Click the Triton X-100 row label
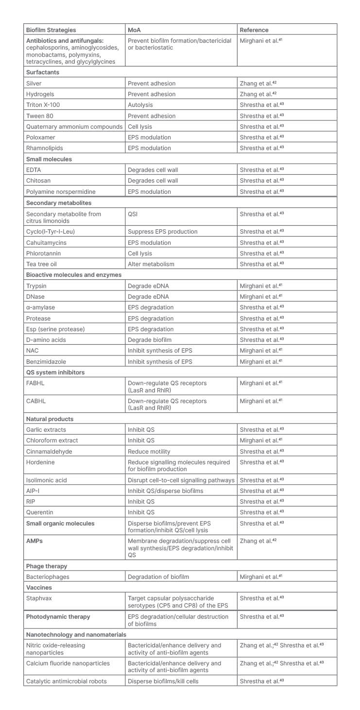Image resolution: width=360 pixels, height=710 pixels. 44,105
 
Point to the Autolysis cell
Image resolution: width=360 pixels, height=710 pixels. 140,105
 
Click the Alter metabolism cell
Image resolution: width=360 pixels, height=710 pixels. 151,264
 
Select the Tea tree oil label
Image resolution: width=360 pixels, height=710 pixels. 42,264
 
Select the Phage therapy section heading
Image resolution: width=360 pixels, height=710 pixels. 47,566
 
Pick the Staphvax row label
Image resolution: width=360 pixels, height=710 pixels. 39,598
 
